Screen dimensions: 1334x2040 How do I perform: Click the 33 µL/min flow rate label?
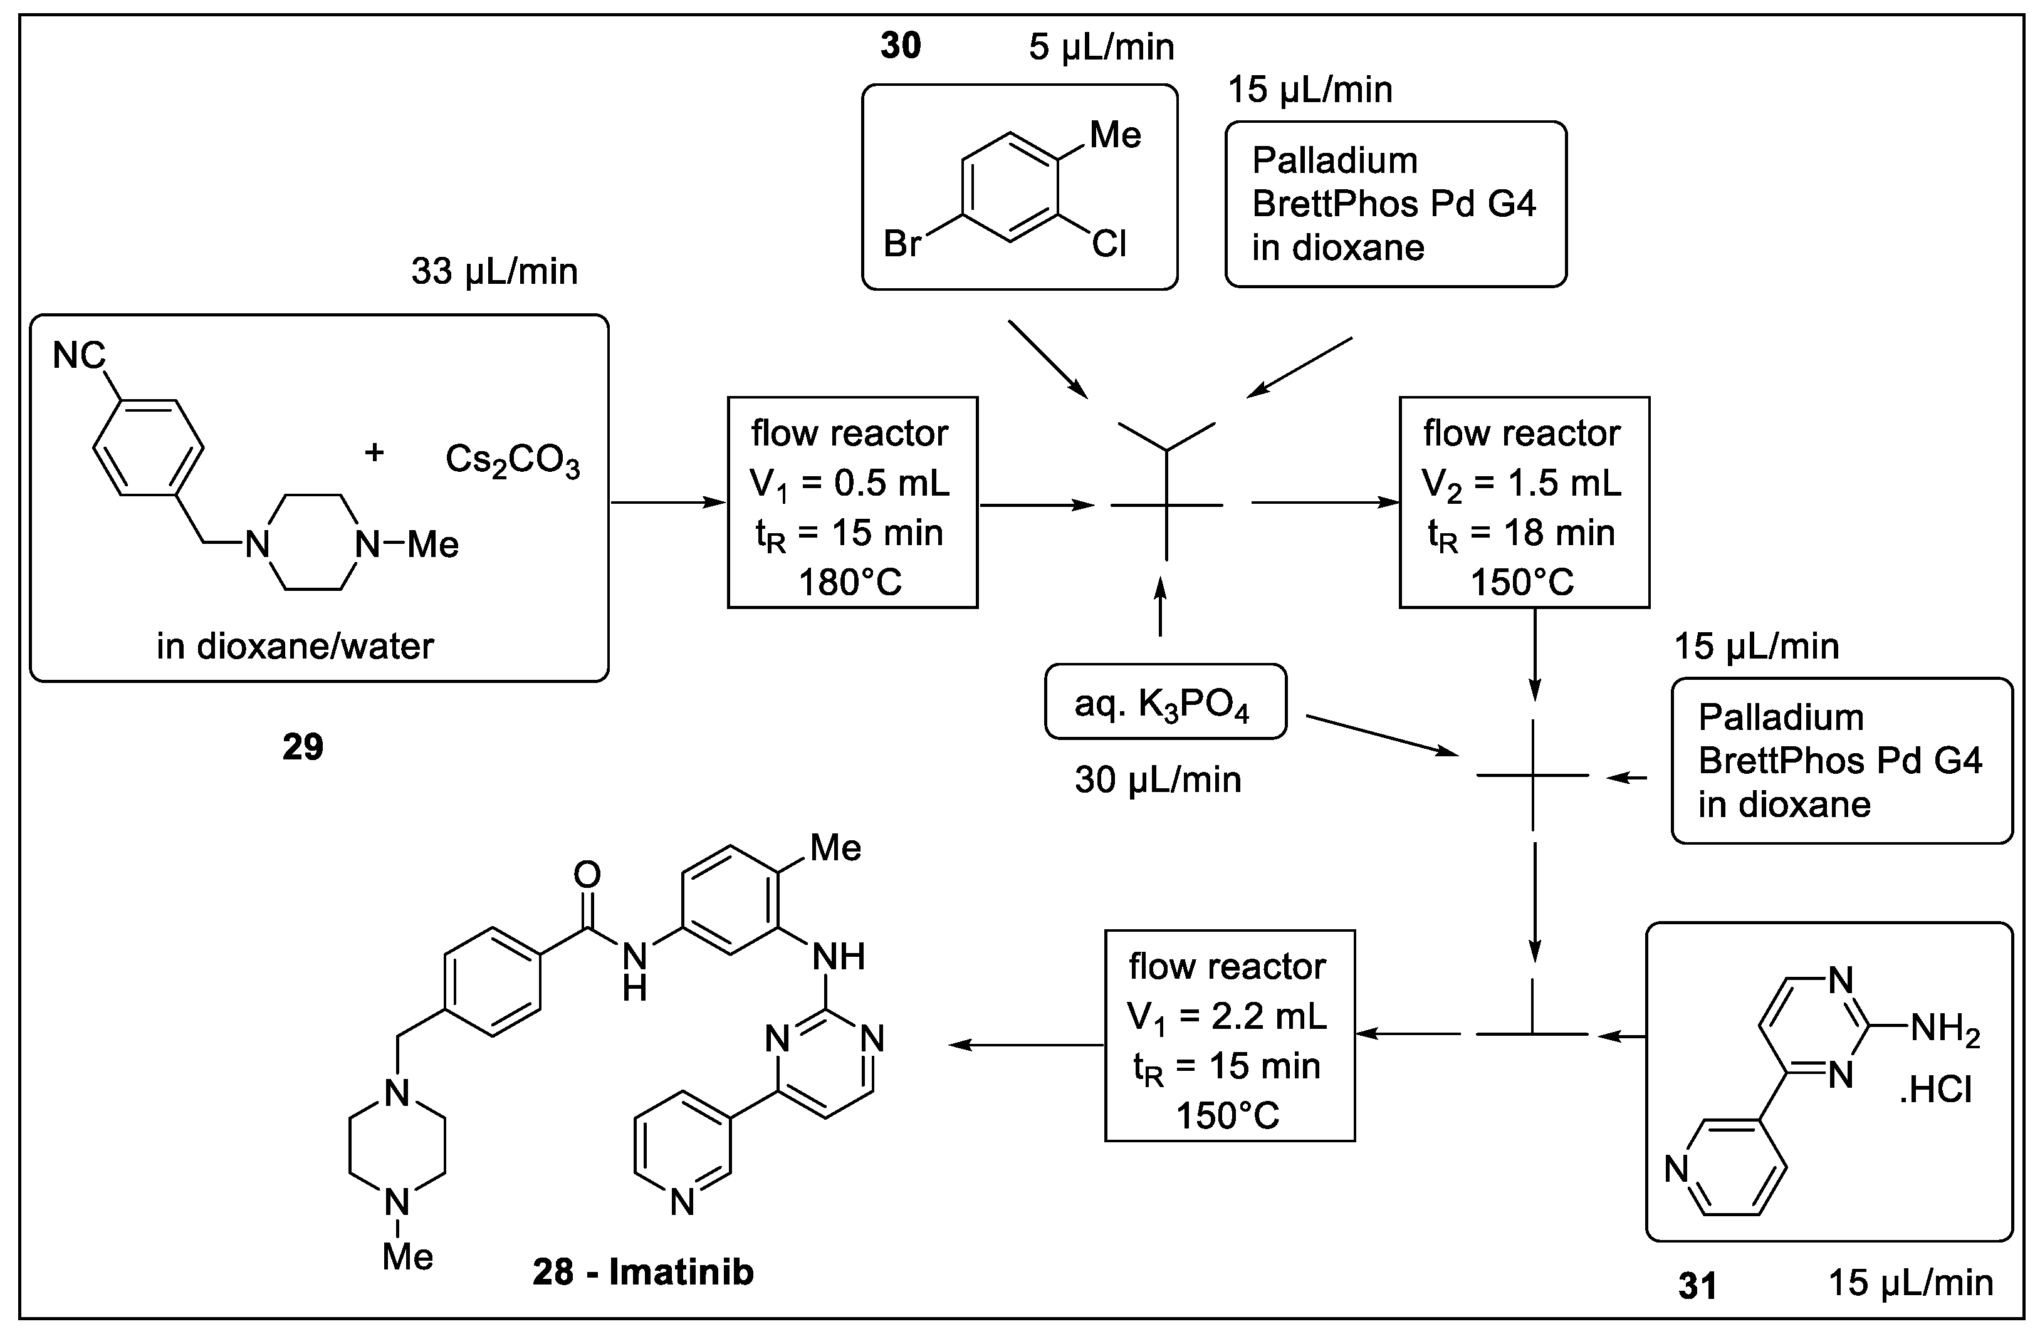click(494, 271)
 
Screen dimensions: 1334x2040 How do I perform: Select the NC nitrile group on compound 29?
click(79, 355)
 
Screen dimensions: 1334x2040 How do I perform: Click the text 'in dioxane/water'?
click(295, 646)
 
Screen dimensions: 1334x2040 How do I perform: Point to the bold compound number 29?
click(303, 747)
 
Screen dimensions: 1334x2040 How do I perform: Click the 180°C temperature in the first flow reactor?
click(850, 583)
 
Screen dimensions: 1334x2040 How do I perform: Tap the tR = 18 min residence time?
click(1522, 534)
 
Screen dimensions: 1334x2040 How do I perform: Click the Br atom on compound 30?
click(902, 244)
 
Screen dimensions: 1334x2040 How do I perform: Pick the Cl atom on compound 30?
click(1109, 244)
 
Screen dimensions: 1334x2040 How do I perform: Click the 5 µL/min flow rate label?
click(1101, 47)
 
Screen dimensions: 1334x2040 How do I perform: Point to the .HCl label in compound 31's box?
click(1935, 1090)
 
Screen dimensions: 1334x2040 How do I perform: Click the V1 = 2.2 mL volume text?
click(1227, 1017)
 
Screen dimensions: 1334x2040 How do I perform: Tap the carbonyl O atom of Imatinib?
click(587, 875)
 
